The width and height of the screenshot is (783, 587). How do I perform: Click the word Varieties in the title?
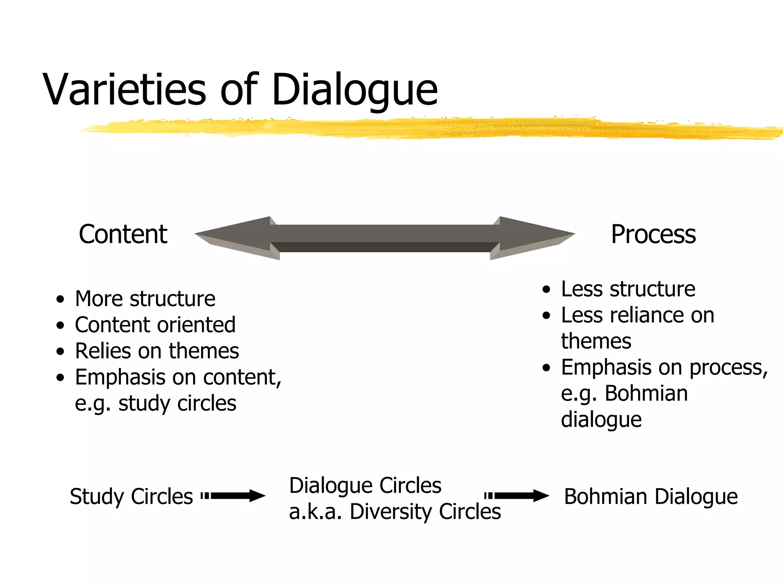click(x=124, y=90)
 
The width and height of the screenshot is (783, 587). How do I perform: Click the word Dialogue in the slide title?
click(x=354, y=90)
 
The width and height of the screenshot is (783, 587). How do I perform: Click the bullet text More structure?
click(x=145, y=298)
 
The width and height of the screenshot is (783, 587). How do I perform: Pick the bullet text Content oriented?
click(x=155, y=325)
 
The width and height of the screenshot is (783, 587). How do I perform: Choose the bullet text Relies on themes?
click(x=157, y=351)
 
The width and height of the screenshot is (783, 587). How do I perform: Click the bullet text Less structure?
click(x=628, y=289)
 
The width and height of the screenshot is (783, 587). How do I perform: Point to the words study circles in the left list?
click(x=177, y=404)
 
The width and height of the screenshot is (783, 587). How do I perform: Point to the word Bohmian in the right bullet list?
click(x=646, y=393)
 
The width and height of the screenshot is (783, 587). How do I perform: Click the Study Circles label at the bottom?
click(x=131, y=496)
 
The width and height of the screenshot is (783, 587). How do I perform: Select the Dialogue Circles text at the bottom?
click(x=365, y=485)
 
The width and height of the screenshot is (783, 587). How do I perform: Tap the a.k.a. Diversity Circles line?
click(x=395, y=511)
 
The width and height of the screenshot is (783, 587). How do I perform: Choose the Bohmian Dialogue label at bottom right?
click(x=651, y=496)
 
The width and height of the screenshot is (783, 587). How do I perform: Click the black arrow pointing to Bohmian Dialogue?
click(x=517, y=496)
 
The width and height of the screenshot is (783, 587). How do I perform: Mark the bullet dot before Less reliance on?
click(x=546, y=316)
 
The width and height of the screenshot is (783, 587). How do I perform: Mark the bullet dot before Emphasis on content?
click(x=60, y=378)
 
